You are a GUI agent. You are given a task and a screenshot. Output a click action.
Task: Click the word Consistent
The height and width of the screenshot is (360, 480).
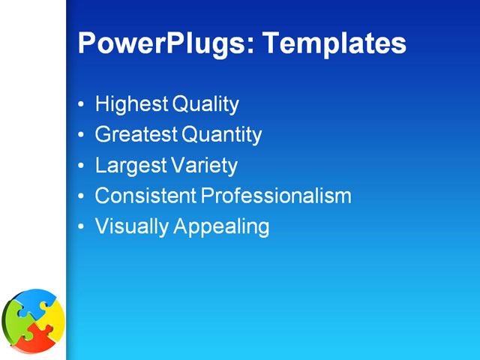pos(145,196)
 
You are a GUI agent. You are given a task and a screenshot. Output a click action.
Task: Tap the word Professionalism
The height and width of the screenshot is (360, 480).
pos(276,196)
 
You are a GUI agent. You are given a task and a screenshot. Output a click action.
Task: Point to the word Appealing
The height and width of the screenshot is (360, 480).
pos(221,226)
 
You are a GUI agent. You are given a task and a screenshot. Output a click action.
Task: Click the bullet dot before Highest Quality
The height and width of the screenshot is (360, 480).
pos(81,105)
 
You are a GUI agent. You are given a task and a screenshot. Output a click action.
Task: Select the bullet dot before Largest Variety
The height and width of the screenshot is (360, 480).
pos(81,166)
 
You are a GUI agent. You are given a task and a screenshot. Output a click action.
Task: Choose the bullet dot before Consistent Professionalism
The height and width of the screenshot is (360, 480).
pos(81,196)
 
